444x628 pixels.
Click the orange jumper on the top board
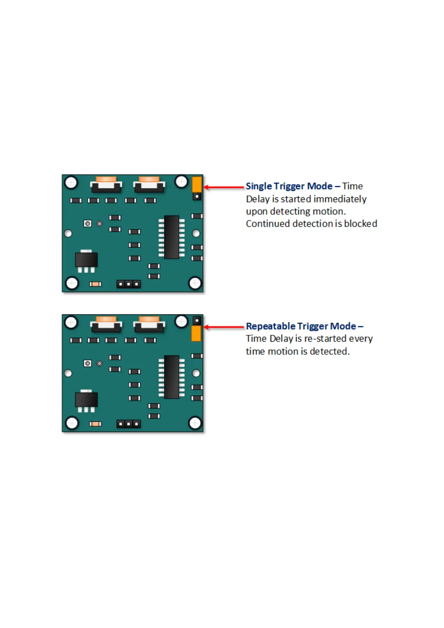click(x=197, y=184)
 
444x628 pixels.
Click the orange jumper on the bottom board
click(x=196, y=333)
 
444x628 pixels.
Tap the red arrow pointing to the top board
click(x=224, y=187)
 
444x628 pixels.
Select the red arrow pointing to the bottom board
click(x=224, y=327)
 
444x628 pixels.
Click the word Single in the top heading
click(x=258, y=186)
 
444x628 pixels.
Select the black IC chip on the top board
click(x=171, y=237)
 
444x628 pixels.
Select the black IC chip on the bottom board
click(x=171, y=377)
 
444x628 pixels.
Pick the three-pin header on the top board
click(x=129, y=284)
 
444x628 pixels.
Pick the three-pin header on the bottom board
click(x=129, y=424)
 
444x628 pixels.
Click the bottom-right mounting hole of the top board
click(x=195, y=283)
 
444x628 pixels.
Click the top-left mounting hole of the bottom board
click(x=71, y=322)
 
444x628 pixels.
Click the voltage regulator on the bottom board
click(x=86, y=400)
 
